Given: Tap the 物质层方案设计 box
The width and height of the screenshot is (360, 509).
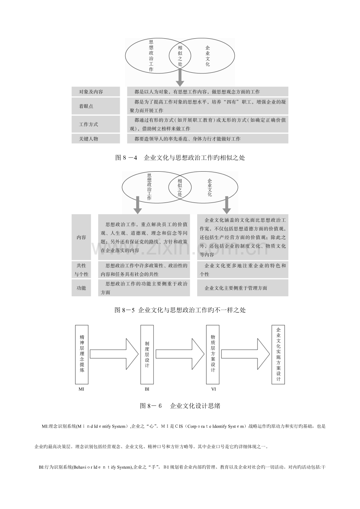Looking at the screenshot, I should click(212, 354).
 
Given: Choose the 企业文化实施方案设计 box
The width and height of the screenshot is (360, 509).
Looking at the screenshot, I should click(278, 354).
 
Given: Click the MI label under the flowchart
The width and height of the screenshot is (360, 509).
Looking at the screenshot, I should click(81, 389).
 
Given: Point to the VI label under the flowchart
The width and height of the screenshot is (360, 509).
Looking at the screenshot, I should click(213, 389).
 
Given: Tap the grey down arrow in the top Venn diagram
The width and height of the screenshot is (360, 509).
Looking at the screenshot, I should click(180, 77).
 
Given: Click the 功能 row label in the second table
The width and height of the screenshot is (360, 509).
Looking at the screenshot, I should click(81, 288).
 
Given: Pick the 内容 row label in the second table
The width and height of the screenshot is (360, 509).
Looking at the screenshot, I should click(81, 237).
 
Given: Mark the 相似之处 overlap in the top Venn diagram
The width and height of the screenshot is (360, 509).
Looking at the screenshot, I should click(180, 56).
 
